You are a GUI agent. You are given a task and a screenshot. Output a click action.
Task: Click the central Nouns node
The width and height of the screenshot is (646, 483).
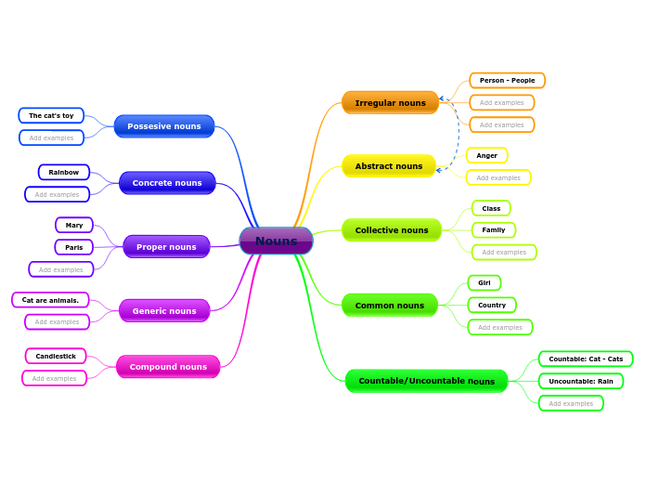(276, 241)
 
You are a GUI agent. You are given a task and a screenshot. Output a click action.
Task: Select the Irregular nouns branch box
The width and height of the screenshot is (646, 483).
(390, 103)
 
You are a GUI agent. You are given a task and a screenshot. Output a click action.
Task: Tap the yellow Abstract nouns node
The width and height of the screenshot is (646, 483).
(388, 166)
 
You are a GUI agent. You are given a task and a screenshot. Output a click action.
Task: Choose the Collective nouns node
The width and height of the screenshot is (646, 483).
(391, 230)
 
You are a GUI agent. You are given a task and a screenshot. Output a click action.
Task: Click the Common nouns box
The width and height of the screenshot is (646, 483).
(389, 306)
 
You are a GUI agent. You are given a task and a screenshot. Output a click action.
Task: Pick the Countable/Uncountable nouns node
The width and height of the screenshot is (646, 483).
(426, 381)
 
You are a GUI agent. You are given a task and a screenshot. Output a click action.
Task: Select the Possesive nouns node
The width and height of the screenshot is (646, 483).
(164, 126)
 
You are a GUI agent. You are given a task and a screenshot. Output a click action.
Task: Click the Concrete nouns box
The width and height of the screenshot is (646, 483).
(167, 183)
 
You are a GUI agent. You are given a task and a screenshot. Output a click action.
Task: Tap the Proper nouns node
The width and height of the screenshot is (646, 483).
(166, 247)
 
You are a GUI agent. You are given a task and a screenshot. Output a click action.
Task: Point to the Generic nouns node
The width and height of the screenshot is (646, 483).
(164, 311)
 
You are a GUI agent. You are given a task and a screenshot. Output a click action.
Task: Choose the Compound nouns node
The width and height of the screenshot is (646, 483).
(168, 367)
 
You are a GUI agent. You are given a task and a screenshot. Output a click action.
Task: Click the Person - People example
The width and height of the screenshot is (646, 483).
(507, 81)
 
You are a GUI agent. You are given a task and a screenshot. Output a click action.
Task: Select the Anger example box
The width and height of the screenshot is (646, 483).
(486, 155)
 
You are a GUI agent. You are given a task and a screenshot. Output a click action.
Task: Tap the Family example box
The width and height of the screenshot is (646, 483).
(493, 229)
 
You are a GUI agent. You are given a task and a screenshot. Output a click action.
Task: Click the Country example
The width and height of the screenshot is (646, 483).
(491, 305)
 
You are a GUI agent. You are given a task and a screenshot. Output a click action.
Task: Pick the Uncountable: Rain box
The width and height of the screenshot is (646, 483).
(580, 381)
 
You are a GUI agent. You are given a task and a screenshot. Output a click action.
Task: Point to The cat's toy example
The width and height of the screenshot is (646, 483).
(51, 116)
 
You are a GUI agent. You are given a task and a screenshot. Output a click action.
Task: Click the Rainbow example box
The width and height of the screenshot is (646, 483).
(64, 172)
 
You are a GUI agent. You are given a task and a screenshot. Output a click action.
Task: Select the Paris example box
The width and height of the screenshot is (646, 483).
(73, 247)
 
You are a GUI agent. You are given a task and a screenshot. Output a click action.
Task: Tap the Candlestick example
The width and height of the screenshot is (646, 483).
(56, 356)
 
